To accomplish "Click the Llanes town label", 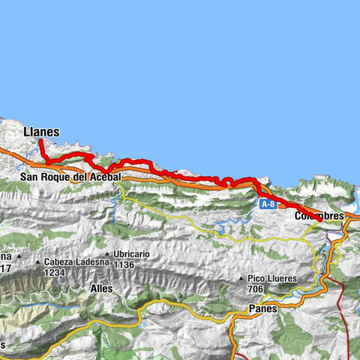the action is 41,131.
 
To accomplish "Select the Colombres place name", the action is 319,216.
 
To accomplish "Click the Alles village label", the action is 100,288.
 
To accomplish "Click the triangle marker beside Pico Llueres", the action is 241,279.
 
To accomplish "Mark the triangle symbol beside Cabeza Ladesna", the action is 38,262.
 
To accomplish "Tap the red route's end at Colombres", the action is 321,219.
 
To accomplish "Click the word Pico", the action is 257,279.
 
